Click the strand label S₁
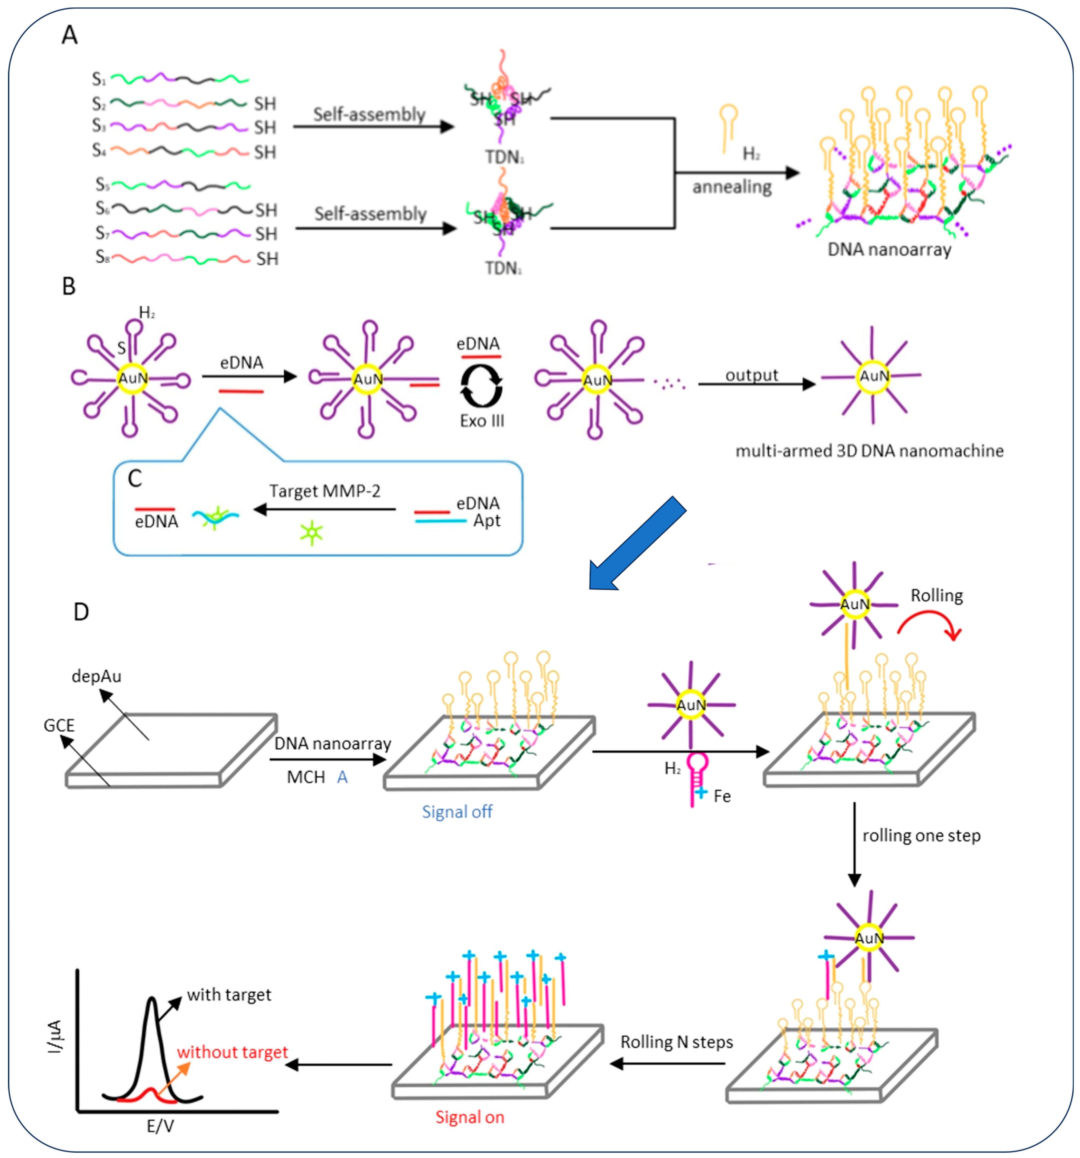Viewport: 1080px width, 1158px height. tap(99, 79)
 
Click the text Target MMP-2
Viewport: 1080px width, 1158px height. tap(324, 491)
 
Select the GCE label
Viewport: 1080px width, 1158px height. tap(59, 725)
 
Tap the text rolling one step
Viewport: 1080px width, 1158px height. tap(921, 836)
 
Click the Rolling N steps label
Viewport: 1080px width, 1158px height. tap(676, 1042)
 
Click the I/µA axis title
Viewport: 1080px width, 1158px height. tap(55, 1037)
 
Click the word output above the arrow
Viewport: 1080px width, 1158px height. tap(752, 375)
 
